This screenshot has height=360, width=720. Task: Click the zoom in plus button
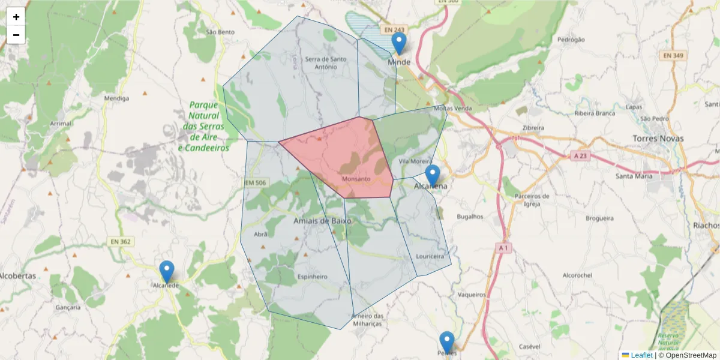tap(16, 17)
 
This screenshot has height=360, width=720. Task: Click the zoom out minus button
tap(16, 35)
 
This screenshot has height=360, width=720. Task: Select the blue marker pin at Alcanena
tap(432, 175)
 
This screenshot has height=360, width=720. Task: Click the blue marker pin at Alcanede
tap(167, 271)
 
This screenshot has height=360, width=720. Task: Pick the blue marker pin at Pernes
tap(446, 342)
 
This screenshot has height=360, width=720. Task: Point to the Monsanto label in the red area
tap(356, 179)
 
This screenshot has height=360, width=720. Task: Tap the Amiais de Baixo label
tap(322, 221)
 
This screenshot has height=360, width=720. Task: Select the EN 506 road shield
tap(256, 182)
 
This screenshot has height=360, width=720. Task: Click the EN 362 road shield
tap(121, 241)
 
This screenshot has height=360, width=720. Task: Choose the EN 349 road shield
tap(675, 55)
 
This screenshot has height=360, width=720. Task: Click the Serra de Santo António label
tap(326, 62)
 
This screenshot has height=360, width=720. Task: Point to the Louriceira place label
tap(430, 256)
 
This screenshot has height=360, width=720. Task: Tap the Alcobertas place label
tap(18, 276)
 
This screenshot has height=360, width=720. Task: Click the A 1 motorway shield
tap(503, 247)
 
